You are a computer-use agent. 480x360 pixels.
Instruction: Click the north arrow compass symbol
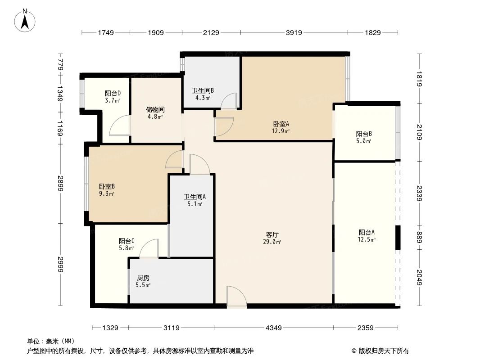point(26,20)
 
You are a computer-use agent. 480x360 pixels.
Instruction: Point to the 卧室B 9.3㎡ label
point(107,190)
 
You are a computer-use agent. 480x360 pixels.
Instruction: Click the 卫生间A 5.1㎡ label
point(195,200)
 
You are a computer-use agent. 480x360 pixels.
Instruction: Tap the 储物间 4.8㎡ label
point(154,112)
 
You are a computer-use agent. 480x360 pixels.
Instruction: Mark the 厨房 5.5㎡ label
point(143,281)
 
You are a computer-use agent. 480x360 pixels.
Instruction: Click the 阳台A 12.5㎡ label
point(367,235)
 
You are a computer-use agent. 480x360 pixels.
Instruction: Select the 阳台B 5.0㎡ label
point(363,137)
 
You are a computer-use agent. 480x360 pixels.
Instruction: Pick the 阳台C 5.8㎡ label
point(127,244)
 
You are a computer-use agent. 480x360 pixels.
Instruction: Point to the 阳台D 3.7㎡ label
point(113,97)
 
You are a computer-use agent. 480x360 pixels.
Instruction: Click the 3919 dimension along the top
point(294,32)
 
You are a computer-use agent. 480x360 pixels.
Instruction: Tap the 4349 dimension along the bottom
point(273,328)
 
